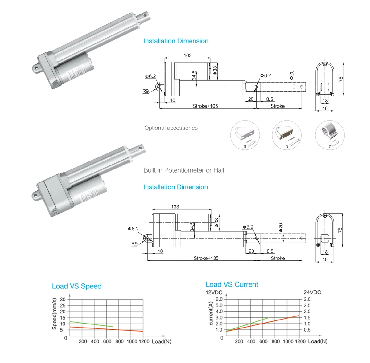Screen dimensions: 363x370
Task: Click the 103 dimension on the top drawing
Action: [187, 55]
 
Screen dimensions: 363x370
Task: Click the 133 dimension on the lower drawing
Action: [175, 207]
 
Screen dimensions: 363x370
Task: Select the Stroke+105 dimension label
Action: [205, 106]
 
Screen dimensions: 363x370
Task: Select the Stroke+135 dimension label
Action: [206, 258]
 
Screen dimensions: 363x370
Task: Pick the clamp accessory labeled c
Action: [330, 135]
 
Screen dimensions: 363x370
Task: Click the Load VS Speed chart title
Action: [77, 286]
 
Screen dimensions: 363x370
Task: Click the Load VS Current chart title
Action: [232, 284]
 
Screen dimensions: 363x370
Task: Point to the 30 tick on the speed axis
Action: [63, 299]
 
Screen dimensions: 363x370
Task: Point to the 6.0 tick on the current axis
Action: [219, 299]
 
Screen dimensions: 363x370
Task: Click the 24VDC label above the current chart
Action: [312, 292]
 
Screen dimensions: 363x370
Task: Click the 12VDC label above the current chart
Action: [214, 292]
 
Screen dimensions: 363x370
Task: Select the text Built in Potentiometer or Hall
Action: [184, 170]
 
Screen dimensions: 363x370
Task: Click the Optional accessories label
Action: [171, 128]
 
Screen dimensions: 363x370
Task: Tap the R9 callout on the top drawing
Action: [146, 91]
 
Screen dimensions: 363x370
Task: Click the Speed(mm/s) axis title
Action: [55, 314]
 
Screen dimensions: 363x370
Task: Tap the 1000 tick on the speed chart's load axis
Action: [132, 341]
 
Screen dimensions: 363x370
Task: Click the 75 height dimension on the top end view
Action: [341, 79]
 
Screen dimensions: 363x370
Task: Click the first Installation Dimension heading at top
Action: [176, 41]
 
